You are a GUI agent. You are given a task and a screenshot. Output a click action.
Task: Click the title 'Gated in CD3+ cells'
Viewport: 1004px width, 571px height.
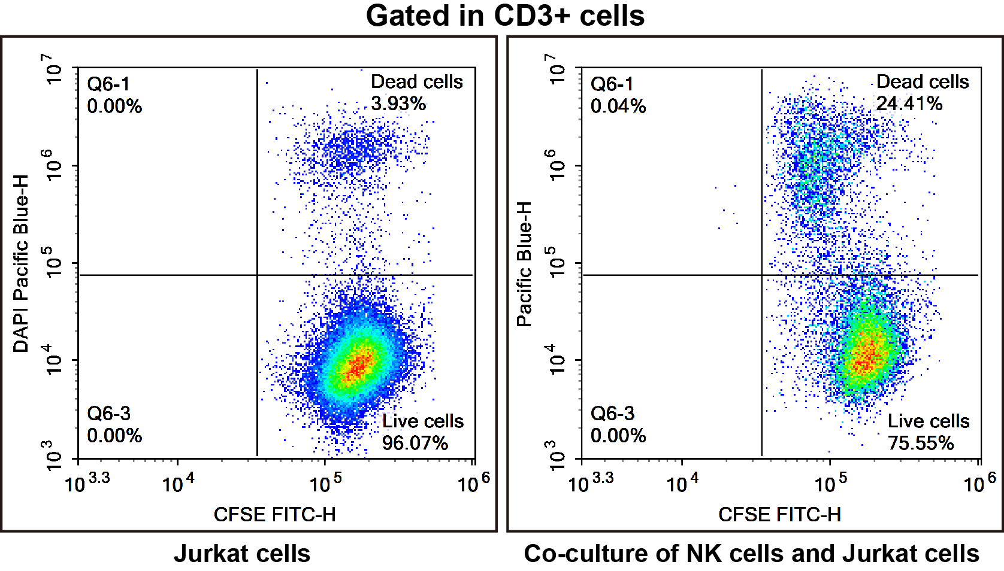[505, 16]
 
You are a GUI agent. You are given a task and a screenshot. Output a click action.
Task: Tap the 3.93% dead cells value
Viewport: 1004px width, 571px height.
[398, 104]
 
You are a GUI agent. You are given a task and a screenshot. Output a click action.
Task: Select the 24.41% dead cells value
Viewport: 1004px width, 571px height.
[909, 104]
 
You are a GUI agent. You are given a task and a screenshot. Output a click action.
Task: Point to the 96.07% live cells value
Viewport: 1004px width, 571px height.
[415, 443]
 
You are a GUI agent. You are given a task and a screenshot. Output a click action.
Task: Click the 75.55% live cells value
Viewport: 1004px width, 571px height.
[920, 443]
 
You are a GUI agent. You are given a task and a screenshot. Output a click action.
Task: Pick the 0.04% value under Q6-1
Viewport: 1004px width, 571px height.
[618, 107]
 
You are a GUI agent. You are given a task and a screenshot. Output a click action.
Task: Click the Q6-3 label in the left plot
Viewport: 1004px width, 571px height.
[108, 413]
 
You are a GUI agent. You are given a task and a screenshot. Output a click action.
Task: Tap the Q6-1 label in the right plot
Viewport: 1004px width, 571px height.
[612, 84]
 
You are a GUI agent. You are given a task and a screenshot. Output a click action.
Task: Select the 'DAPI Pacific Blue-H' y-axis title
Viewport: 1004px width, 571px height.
[21, 263]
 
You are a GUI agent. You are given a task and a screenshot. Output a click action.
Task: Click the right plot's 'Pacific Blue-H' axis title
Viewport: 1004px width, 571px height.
[524, 263]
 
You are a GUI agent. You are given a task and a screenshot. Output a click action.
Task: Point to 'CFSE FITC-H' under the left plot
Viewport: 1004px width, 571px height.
[274, 515]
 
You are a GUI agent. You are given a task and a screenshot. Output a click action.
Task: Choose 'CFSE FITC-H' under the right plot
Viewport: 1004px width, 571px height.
[779, 515]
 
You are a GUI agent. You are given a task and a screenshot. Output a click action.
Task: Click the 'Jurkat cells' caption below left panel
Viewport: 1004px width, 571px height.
[242, 554]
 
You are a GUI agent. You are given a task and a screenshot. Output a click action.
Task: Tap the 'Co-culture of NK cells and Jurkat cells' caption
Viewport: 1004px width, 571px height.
[751, 554]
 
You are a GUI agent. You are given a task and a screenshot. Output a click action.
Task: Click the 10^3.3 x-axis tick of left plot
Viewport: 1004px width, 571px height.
[87, 482]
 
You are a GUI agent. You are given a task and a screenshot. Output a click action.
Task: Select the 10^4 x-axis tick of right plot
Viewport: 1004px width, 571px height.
[682, 482]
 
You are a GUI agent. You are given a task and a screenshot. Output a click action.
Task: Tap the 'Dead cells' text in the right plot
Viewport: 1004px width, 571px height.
[922, 81]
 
